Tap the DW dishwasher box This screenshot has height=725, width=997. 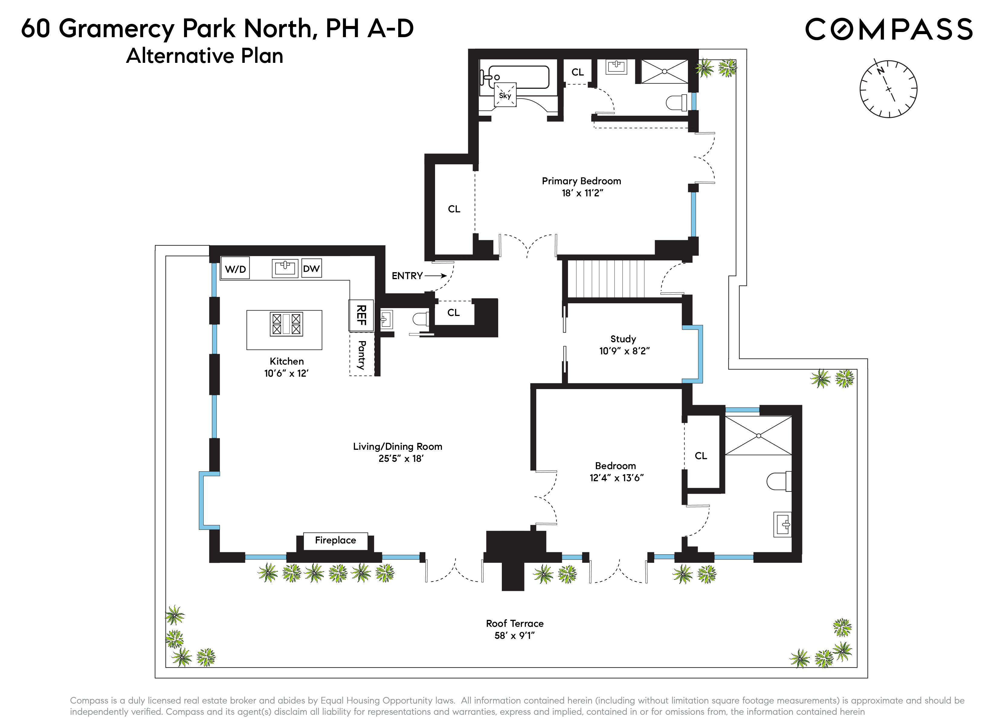[311, 269]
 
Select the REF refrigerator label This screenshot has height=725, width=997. [361, 315]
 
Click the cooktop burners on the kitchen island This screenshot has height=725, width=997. [286, 324]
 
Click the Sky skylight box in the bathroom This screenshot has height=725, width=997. [505, 95]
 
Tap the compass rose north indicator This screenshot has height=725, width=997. [880, 71]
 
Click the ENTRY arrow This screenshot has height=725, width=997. [435, 276]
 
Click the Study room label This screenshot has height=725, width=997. [623, 339]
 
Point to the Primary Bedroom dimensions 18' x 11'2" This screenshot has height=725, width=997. [582, 193]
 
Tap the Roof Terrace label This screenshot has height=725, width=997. [514, 623]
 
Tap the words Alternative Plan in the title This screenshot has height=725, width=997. [205, 56]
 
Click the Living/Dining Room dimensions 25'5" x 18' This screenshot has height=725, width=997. [401, 459]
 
